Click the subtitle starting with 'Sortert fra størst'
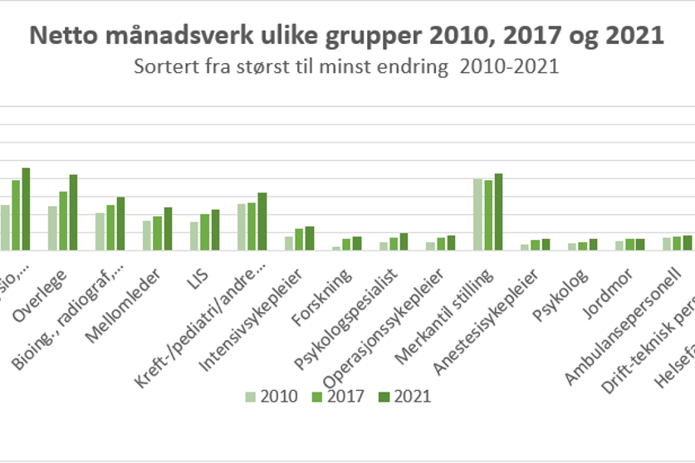(347, 67)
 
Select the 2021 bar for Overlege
(73, 212)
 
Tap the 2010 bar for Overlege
(52, 228)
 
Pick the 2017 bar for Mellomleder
(158, 233)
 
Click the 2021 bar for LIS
(215, 230)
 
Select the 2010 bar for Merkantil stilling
(477, 214)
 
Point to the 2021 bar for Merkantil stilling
(498, 212)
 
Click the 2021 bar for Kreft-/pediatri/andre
(262, 222)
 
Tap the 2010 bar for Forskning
(336, 248)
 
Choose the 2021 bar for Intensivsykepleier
(310, 238)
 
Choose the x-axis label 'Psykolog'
(550, 287)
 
